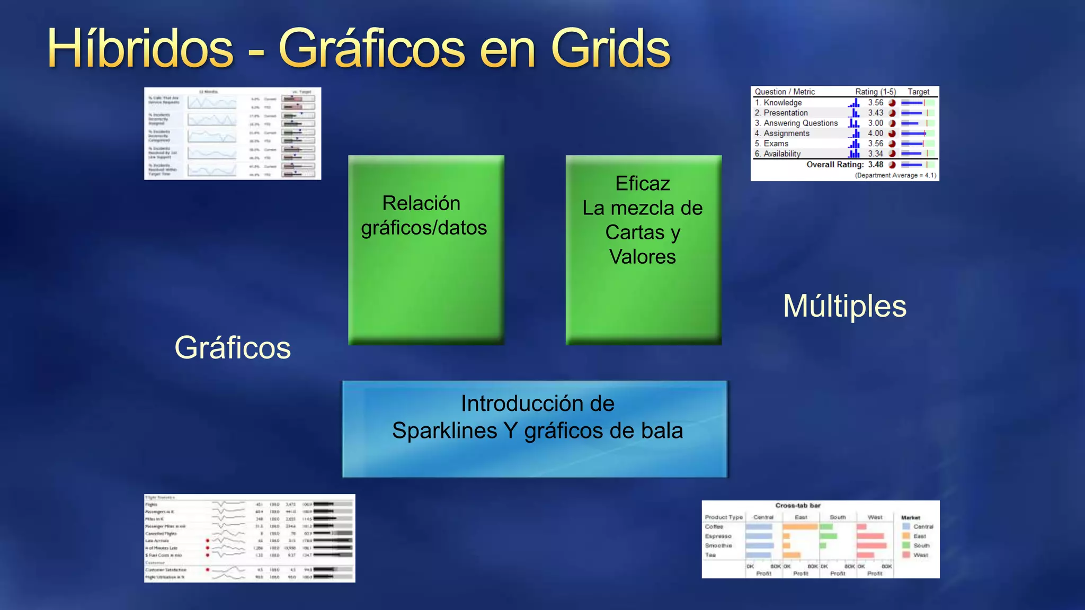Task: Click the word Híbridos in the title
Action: pyautogui.click(x=140, y=49)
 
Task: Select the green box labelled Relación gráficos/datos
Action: pyautogui.click(x=426, y=249)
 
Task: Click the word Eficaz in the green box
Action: pyautogui.click(x=643, y=184)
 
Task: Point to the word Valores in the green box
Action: pyautogui.click(x=643, y=257)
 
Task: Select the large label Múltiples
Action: pyautogui.click(x=844, y=306)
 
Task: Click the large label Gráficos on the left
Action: pyautogui.click(x=233, y=347)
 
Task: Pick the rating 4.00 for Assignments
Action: pyautogui.click(x=875, y=133)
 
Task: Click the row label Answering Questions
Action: pyautogui.click(x=801, y=123)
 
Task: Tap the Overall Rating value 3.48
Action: pyautogui.click(x=875, y=165)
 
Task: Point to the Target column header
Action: pyautogui.click(x=918, y=92)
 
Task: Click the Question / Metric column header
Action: pyautogui.click(x=785, y=92)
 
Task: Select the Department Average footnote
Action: pyautogui.click(x=895, y=175)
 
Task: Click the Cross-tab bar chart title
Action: pyautogui.click(x=798, y=506)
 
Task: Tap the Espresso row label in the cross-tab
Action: pyautogui.click(x=718, y=536)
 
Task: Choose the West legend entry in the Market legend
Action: pyautogui.click(x=921, y=555)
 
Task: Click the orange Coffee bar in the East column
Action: pyautogui.click(x=800, y=527)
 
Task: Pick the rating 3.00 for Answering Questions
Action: pyautogui.click(x=875, y=123)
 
